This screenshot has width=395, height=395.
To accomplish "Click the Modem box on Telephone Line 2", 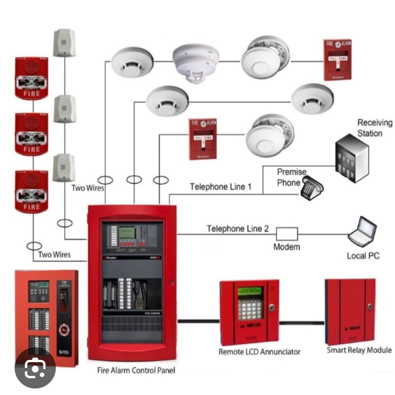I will click(287, 234).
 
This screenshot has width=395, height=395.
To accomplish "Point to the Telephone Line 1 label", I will click(221, 187).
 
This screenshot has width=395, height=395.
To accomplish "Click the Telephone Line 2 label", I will click(237, 229).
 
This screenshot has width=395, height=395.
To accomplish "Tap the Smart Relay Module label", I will click(359, 350).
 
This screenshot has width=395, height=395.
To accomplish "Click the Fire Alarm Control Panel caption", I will click(136, 370).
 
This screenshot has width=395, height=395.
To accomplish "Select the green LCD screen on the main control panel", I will click(127, 232).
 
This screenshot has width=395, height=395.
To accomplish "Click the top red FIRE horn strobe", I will click(31, 78).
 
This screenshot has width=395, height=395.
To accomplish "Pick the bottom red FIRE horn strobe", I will click(31, 191).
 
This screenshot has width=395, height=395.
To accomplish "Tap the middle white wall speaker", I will click(64, 109).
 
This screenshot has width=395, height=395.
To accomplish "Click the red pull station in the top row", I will click(337, 60).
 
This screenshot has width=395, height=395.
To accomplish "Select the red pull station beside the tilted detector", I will click(203, 139).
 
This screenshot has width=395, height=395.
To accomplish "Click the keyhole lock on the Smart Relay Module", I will click(369, 306).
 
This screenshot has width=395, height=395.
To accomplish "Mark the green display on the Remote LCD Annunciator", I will click(250, 291).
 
